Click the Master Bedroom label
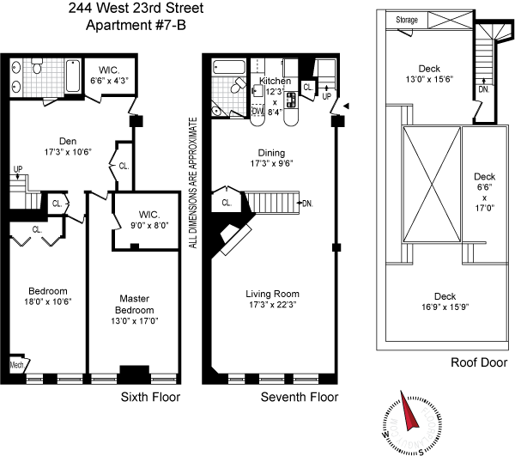[135, 304]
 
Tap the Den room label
[68, 142]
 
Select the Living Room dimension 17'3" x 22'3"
[273, 305]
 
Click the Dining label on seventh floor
[271, 153]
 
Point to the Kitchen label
[275, 81]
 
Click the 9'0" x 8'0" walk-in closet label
[149, 225]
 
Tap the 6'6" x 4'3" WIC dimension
[109, 81]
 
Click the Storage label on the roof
[407, 20]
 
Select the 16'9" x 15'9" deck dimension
[445, 307]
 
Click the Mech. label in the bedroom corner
[17, 365]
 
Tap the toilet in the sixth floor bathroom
[37, 66]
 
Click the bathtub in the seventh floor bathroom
[229, 67]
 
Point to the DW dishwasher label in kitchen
[257, 111]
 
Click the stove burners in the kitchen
[291, 100]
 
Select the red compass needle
[409, 411]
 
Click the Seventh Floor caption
[300, 398]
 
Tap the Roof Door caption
[479, 362]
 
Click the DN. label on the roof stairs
[484, 89]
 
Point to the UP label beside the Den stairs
[18, 169]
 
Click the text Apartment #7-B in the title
[136, 25]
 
